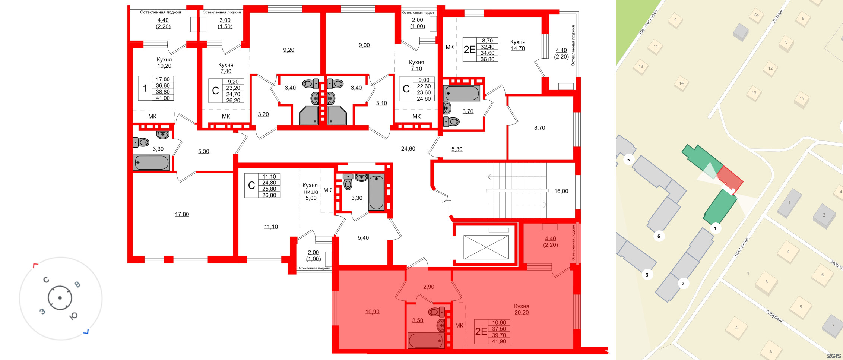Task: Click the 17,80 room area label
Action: pos(182,214)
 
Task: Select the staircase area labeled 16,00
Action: pos(561,191)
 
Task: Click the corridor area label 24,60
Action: pos(408,149)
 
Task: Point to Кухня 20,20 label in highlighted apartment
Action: pos(522,309)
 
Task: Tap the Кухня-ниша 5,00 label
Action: pos(311,192)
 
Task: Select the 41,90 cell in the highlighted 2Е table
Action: pos(499,341)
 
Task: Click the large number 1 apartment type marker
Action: pos(145,88)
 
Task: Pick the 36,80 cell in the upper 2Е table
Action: pos(487,59)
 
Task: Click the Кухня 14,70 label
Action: pos(517,45)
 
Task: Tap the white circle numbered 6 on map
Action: pos(659,236)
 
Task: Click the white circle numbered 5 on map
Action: pos(628,160)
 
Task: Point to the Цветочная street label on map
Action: pos(741,247)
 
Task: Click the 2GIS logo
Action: pos(834,356)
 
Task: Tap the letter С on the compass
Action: pos(46,280)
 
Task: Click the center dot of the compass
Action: pos(60,298)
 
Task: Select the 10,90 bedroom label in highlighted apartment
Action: pos(372,312)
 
